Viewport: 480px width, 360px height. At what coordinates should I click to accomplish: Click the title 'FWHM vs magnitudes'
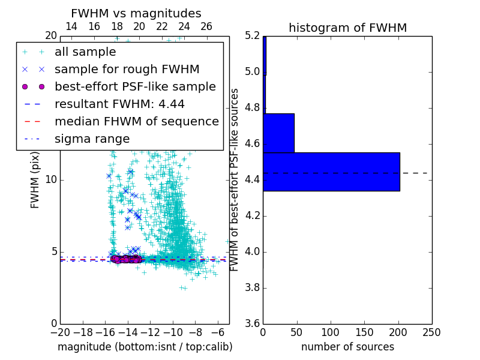pos(136,13)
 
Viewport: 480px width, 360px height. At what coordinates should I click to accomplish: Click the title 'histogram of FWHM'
pos(347,28)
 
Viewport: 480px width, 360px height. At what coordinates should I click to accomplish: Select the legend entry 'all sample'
pos(85,52)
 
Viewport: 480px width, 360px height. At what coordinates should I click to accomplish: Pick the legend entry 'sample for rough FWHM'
pos(127,69)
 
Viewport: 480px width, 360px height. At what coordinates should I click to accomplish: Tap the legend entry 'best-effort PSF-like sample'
pos(135,86)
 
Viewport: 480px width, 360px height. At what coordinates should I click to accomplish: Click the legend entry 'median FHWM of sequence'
pos(136,121)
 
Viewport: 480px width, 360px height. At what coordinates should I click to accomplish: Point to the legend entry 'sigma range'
pos(92,139)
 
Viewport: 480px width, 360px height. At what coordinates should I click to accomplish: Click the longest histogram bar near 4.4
pos(331,172)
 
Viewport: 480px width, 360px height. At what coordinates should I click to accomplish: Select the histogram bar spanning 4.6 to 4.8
pos(278,133)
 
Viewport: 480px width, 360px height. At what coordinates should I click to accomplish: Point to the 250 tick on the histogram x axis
pos(431,332)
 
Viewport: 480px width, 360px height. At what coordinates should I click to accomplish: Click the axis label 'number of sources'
pos(347,347)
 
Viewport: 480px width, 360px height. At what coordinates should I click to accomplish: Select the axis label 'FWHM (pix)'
pos(35,180)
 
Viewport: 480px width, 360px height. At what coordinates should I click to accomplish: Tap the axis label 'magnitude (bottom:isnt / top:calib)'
pos(145,347)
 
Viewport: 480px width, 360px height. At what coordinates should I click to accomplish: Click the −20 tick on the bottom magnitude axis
pos(60,332)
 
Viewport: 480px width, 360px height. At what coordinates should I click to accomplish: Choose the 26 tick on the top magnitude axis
pos(206,26)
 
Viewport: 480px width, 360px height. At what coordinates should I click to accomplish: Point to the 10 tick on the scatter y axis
pos(50,180)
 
